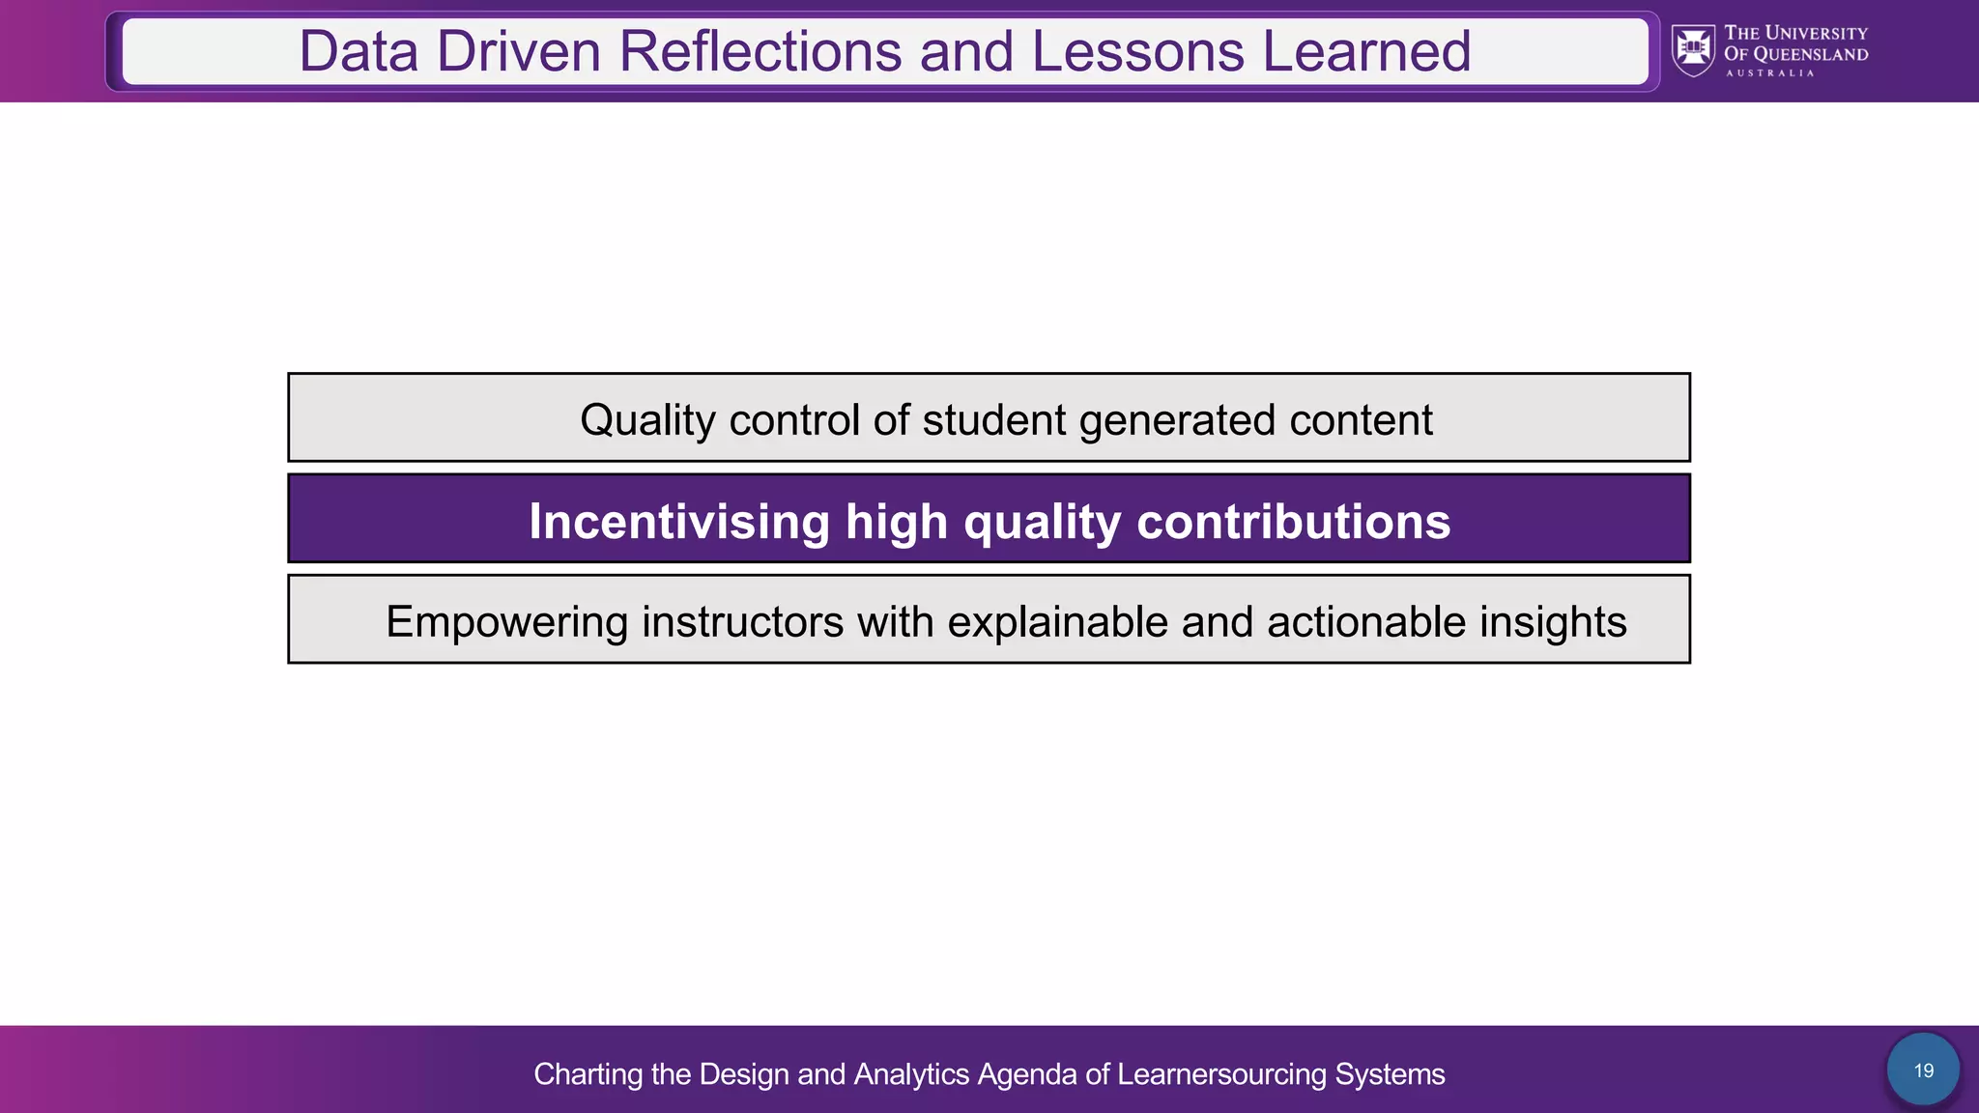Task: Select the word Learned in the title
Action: (1366, 51)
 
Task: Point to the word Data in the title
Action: (359, 51)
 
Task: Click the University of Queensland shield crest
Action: (1693, 50)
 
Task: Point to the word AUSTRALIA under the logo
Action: (1769, 73)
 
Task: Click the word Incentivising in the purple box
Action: (679, 522)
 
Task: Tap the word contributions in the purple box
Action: (1293, 522)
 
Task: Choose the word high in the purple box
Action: (897, 522)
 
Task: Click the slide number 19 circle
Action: (1923, 1070)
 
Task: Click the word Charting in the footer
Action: (588, 1074)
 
